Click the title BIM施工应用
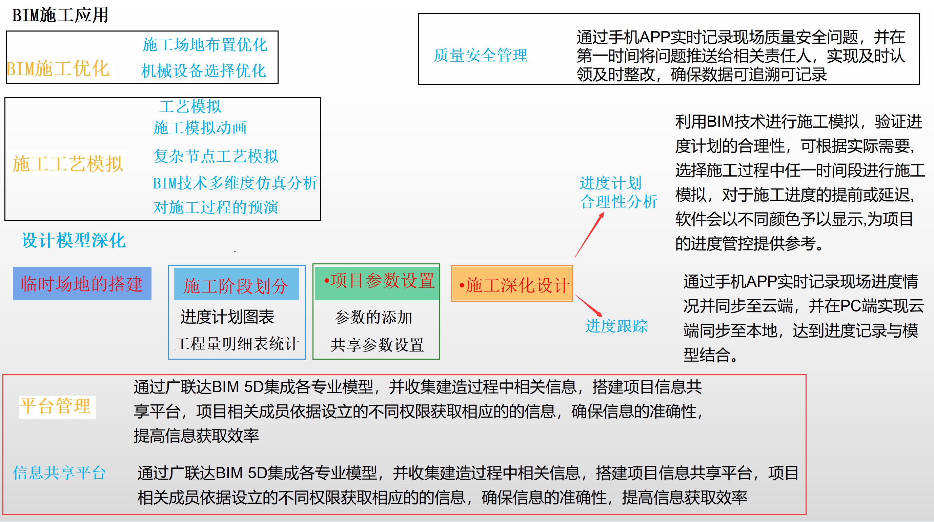pyautogui.click(x=60, y=15)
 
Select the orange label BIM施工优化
pyautogui.click(x=58, y=69)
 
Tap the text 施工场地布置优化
pyautogui.click(x=205, y=45)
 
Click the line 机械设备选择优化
pyautogui.click(x=204, y=71)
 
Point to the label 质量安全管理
pyautogui.click(x=481, y=56)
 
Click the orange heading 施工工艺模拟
pyautogui.click(x=67, y=164)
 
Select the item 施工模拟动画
pyautogui.click(x=200, y=128)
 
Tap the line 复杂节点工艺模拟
pyautogui.click(x=216, y=156)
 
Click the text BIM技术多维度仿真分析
pyautogui.click(x=235, y=183)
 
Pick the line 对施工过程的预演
pyautogui.click(x=216, y=207)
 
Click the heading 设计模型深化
pyautogui.click(x=74, y=241)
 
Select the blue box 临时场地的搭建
pyautogui.click(x=82, y=284)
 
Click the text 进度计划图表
pyautogui.click(x=227, y=317)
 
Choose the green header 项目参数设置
pyautogui.click(x=378, y=281)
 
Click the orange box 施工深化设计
pyautogui.click(x=512, y=284)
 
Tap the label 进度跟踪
pyautogui.click(x=616, y=326)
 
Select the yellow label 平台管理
pyautogui.click(x=57, y=406)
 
